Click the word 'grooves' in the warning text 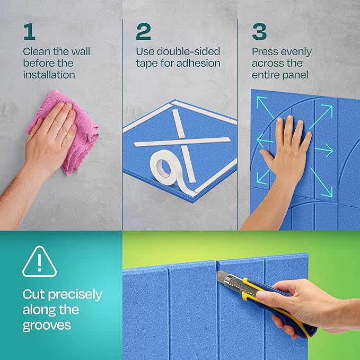coord(47,325)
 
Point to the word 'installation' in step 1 coord(49,75)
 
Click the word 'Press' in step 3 coord(265,52)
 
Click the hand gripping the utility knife coord(297,305)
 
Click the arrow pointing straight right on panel coord(324,151)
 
